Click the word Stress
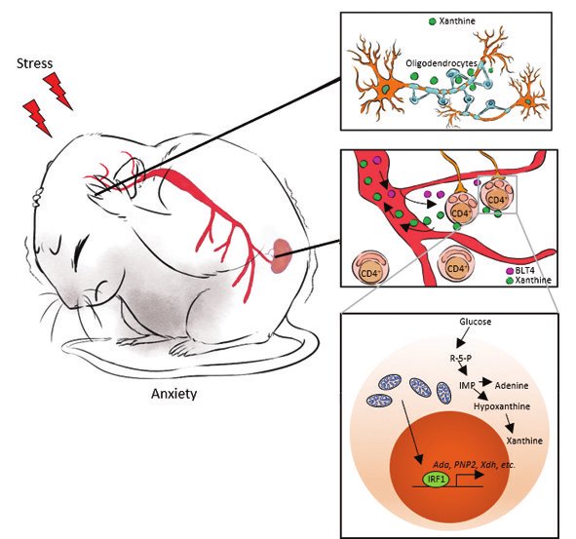34,63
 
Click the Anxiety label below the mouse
173,394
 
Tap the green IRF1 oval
436,480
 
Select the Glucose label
475,322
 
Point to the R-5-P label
461,358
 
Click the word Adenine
512,386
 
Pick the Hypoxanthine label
502,406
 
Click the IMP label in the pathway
467,385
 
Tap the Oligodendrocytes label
441,63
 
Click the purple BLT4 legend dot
510,271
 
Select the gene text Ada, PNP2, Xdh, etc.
474,464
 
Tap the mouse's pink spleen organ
282,255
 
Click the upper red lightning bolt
58,91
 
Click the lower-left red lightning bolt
37,118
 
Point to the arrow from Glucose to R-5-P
463,337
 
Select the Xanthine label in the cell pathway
524,441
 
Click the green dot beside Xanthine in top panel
433,21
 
